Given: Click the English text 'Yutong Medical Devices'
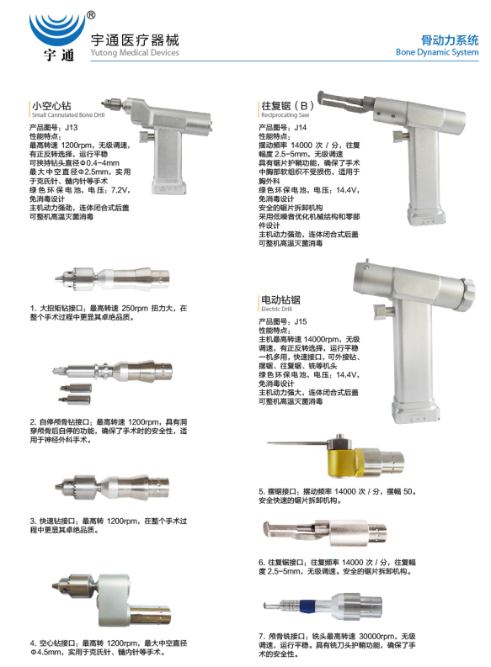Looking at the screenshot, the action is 135,53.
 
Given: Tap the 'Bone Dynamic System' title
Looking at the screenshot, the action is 437,52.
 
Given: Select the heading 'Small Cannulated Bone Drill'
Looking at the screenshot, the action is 68,115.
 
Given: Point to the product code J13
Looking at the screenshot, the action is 71,128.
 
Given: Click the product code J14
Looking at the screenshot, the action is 301,128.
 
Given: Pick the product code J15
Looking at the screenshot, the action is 301,321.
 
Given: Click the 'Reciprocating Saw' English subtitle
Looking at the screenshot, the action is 286,115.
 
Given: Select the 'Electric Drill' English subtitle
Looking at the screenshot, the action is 277,310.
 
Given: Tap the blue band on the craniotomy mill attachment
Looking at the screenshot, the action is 306,606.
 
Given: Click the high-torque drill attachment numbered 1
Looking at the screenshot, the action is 112,277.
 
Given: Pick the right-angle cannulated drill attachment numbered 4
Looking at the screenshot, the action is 111,599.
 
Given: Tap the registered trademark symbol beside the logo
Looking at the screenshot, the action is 91,15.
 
